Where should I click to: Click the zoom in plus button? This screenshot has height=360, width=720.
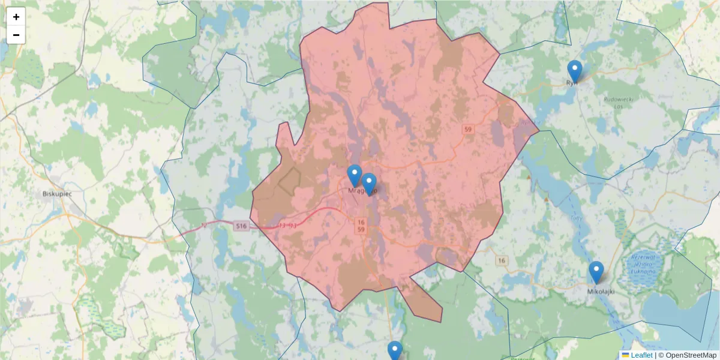pyautogui.click(x=16, y=17)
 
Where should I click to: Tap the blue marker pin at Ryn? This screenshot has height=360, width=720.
pyautogui.click(x=575, y=71)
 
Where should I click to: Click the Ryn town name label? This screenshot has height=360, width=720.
pyautogui.click(x=572, y=83)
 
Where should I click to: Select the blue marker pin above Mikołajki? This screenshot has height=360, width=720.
pyautogui.click(x=596, y=272)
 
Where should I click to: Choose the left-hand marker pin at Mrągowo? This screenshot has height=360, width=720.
pyautogui.click(x=355, y=175)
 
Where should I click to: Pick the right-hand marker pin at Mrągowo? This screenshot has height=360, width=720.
pyautogui.click(x=369, y=184)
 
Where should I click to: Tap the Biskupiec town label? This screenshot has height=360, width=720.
pyautogui.click(x=57, y=194)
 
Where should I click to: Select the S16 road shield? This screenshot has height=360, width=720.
pyautogui.click(x=241, y=226)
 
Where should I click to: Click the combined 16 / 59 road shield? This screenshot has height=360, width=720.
pyautogui.click(x=361, y=226)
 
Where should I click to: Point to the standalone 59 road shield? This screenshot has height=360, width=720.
pyautogui.click(x=468, y=129)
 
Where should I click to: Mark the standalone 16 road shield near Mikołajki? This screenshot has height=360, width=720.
pyautogui.click(x=502, y=260)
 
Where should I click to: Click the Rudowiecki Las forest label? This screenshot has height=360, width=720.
pyautogui.click(x=619, y=103)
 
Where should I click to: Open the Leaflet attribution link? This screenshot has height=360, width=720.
pyautogui.click(x=641, y=355)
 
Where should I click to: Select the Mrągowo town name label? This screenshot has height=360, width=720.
pyautogui.click(x=360, y=191)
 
